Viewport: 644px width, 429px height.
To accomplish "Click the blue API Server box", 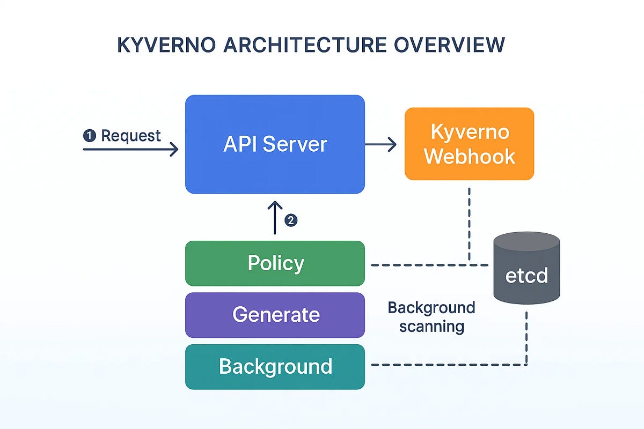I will click(275, 144).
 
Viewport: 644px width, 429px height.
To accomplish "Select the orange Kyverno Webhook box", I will click(469, 144).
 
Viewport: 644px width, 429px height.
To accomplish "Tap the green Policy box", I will click(275, 263).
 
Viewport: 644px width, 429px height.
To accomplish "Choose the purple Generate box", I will click(275, 314).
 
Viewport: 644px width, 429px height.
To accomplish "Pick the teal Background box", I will click(275, 367).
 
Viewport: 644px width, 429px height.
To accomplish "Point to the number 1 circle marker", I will click(89, 136).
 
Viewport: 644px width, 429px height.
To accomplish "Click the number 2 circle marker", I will click(290, 220).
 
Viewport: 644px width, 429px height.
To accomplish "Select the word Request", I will click(131, 136).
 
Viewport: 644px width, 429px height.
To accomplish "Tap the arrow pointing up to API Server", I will click(275, 217).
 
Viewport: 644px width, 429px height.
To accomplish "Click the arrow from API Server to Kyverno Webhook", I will click(381, 144).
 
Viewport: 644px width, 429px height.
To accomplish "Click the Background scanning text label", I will click(431, 317).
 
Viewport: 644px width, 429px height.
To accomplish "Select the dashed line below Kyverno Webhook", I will click(470, 225).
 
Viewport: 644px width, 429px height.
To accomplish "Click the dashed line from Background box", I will click(445, 365).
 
